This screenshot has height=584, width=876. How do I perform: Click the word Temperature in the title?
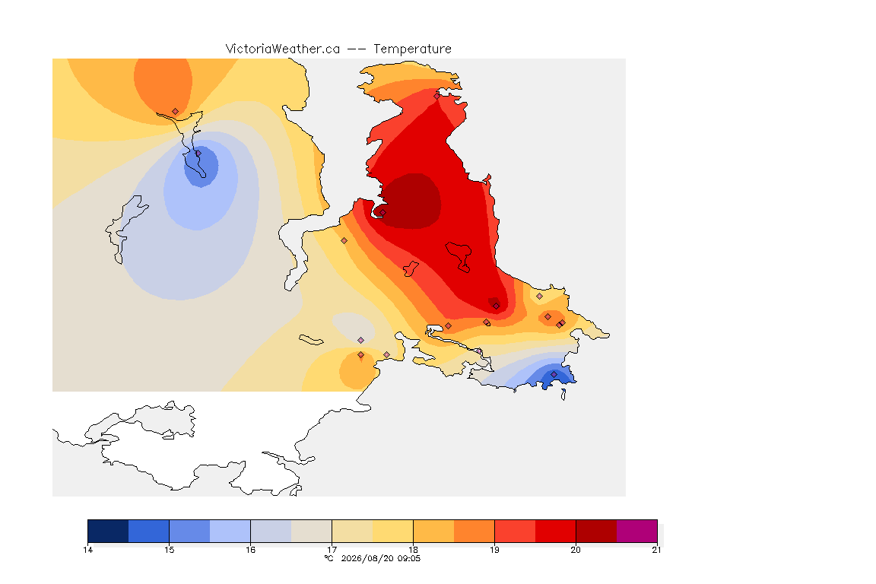click(412, 49)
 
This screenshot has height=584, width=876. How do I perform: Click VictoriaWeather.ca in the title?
click(283, 49)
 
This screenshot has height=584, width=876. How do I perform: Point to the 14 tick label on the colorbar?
click(87, 550)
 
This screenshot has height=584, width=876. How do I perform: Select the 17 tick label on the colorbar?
click(332, 550)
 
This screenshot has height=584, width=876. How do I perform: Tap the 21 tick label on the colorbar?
click(656, 550)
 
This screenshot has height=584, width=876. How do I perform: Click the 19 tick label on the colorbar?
click(494, 550)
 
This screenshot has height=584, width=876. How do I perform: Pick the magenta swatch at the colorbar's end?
click(637, 531)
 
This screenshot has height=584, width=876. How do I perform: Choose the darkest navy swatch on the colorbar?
click(108, 531)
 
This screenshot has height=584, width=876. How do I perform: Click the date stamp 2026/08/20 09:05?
click(380, 558)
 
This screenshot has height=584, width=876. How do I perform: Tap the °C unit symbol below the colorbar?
click(328, 558)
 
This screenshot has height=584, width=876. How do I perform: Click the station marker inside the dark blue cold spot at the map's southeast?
click(554, 374)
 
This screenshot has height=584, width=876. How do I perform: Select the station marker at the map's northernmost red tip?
click(437, 96)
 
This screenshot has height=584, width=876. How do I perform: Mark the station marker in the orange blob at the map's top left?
click(176, 112)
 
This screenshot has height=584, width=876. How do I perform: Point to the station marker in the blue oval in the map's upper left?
click(198, 153)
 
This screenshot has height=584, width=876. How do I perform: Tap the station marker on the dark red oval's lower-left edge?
click(382, 212)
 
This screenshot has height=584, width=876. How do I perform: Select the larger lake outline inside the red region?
click(459, 256)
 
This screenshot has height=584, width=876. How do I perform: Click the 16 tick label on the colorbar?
click(250, 550)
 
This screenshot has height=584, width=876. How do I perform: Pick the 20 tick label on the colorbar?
click(576, 550)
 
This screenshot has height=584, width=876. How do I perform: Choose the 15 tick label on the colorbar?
click(170, 550)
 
